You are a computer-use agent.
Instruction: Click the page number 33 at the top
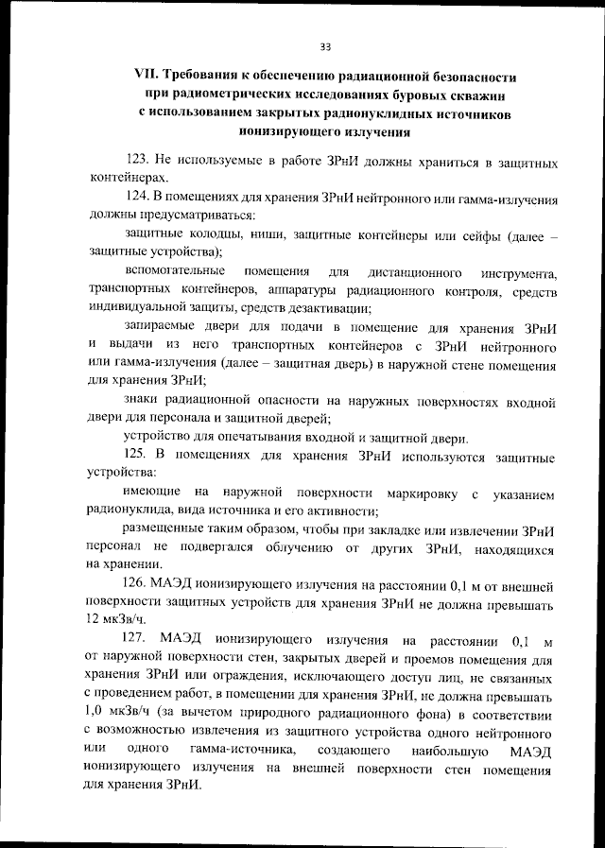pyautogui.click(x=324, y=45)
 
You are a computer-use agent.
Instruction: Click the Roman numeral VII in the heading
pyautogui.click(x=149, y=76)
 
